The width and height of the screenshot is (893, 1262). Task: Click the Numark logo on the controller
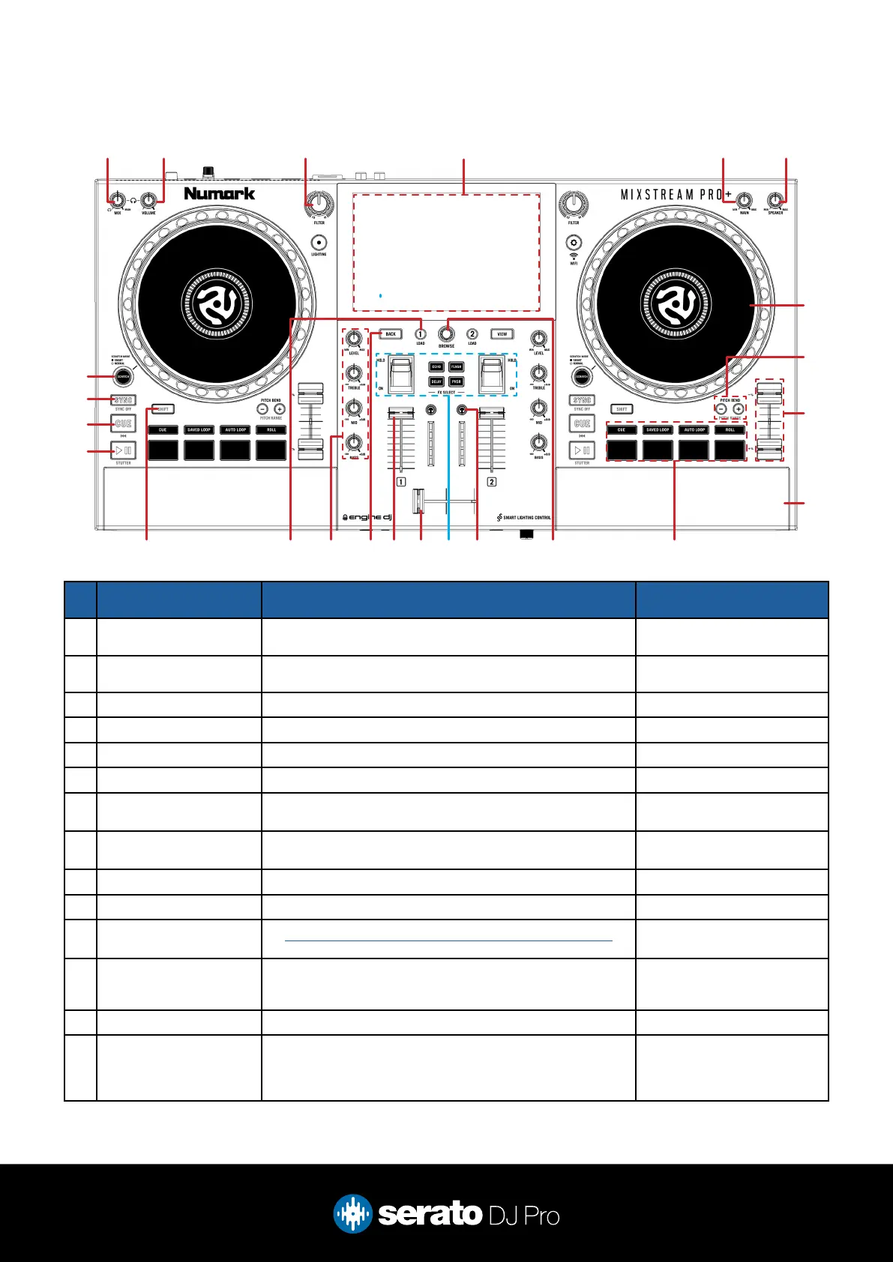219,193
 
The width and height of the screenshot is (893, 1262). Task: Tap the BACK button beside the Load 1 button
391,334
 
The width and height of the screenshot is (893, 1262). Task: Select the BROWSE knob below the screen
446,333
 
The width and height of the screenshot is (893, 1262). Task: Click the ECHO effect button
436,367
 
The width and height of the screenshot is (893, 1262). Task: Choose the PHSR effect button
456,381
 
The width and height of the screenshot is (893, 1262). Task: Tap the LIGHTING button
319,242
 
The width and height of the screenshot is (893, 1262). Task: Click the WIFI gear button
574,242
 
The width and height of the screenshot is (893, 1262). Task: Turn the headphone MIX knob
117,200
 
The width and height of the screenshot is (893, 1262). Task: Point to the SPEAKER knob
775,200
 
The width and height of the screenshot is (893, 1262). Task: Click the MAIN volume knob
744,200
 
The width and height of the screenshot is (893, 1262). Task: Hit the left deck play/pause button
124,450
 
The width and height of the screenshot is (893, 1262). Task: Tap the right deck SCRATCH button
582,376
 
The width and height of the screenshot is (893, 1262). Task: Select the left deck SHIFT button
163,409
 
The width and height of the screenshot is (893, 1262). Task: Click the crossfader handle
418,501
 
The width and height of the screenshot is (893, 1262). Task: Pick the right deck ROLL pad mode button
730,430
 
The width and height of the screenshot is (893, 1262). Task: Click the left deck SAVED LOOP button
199,430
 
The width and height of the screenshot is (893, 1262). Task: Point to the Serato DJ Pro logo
447,1214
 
